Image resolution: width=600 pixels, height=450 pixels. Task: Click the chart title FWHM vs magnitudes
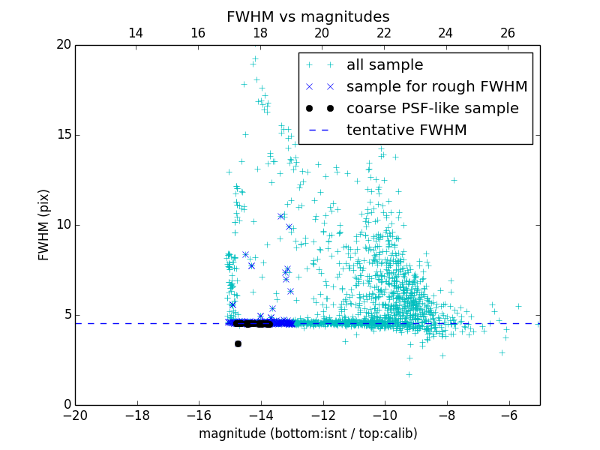point(307,16)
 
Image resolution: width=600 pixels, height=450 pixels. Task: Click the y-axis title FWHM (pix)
point(44,225)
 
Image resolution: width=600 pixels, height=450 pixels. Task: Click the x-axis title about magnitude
point(307,433)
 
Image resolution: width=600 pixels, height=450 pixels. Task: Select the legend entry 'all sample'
point(385,65)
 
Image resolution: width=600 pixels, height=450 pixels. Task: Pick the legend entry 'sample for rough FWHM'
point(436,87)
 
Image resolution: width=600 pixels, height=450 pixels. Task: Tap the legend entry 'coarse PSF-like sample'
point(432,109)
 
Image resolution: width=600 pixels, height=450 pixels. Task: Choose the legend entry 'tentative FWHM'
point(406,130)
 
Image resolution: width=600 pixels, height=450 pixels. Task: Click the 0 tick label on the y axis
point(67,405)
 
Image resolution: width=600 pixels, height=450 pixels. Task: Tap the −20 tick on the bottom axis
point(75,415)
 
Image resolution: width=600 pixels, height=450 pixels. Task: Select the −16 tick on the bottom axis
point(199,415)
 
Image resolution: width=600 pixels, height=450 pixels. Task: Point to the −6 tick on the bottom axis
point(508,415)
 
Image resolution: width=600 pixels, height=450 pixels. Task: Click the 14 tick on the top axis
point(136,33)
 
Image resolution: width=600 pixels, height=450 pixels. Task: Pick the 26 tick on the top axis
point(508,33)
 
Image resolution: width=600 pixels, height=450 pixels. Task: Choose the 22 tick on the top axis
point(384,33)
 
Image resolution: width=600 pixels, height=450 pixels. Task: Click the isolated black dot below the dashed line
point(238,343)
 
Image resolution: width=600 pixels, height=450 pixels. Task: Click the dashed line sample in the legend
point(319,130)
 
